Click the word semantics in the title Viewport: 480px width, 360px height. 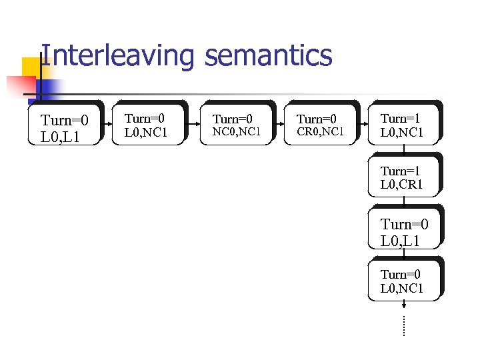pos(269,55)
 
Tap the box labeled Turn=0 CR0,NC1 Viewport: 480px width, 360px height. pos(320,124)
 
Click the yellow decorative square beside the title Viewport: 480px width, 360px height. pos(32,67)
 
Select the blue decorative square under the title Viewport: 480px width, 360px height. pos(48,89)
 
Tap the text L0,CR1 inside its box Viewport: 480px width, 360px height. pos(401,185)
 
